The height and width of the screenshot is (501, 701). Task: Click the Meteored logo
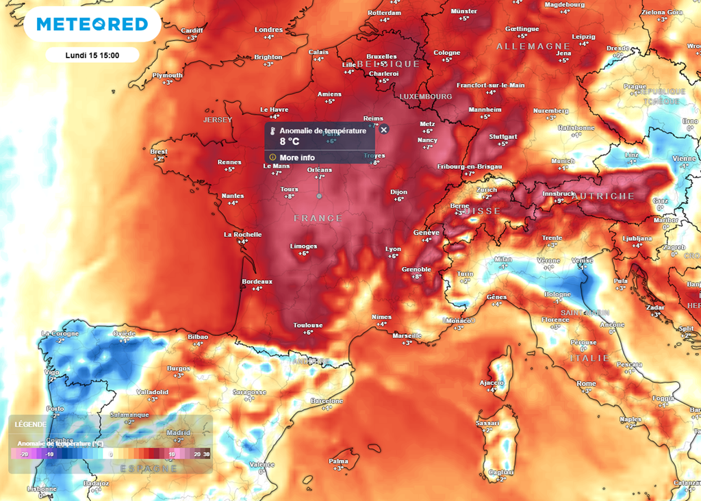[92, 25]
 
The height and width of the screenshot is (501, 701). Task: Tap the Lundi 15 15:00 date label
[92, 55]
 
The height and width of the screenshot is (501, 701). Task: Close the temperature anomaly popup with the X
[384, 129]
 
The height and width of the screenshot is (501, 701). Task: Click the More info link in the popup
[297, 157]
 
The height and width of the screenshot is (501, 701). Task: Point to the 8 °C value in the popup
[289, 142]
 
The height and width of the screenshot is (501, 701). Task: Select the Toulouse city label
[308, 325]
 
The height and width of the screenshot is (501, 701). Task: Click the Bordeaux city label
[257, 281]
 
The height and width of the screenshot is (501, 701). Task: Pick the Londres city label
[268, 30]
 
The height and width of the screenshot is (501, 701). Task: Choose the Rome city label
[586, 384]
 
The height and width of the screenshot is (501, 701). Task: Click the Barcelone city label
[327, 400]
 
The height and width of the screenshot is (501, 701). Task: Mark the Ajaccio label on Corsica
[492, 383]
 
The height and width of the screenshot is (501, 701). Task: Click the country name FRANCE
[318, 218]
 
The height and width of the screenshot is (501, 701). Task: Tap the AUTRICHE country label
[603, 196]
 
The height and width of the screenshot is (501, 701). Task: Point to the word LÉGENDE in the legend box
[31, 424]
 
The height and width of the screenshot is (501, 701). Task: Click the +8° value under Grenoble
[416, 277]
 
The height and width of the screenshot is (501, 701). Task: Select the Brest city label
[159, 152]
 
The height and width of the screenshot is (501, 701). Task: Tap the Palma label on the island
[338, 461]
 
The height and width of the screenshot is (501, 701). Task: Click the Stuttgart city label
[503, 137]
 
